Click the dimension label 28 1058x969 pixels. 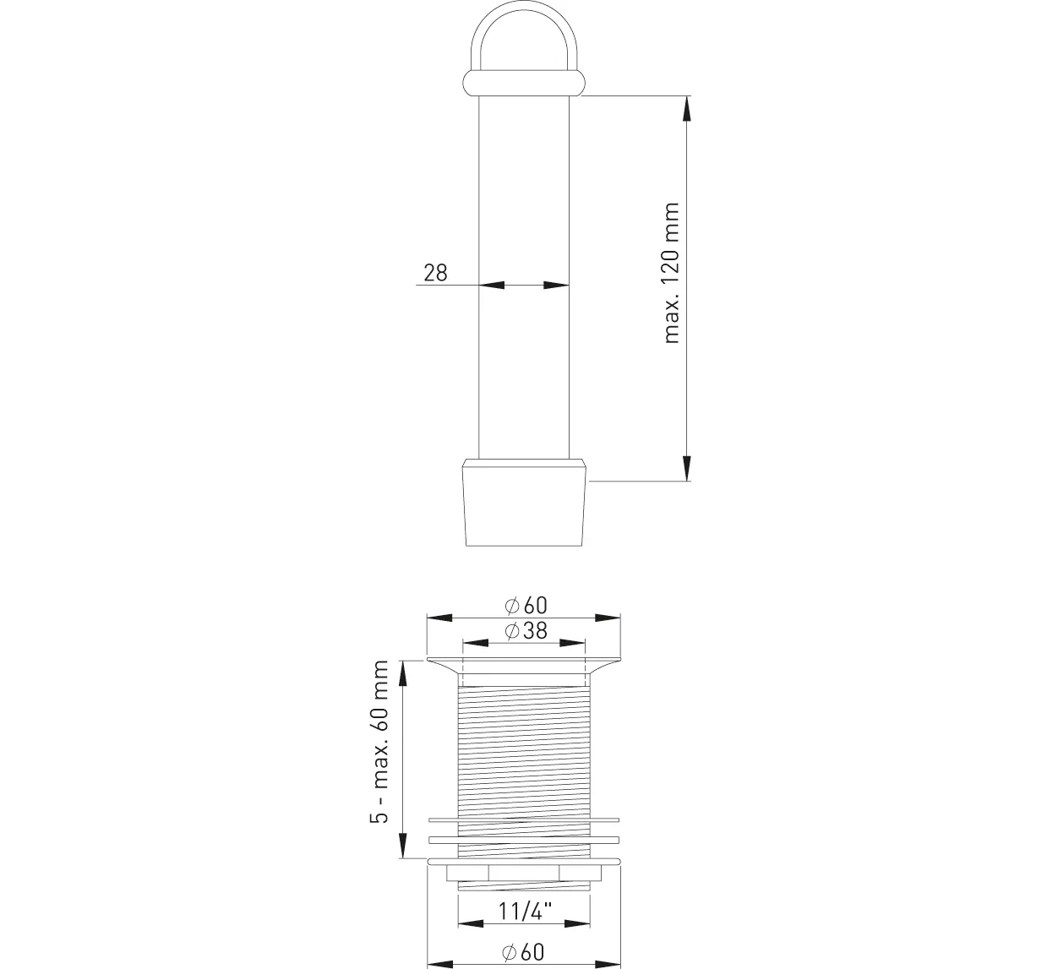435,273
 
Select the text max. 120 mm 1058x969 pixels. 672,273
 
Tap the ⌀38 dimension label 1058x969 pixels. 526,630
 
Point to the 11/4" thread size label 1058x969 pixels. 526,911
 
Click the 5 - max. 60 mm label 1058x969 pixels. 379,742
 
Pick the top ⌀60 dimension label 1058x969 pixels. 526,605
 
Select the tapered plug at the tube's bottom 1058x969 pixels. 524,503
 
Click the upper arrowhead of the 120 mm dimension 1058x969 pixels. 686,109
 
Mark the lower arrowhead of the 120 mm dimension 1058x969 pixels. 686,468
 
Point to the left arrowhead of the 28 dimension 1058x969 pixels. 492,286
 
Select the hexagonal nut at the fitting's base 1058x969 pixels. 524,873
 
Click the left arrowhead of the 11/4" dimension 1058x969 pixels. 471,923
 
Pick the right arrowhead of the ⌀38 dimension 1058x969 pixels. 573,643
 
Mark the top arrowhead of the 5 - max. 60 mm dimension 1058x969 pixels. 403,673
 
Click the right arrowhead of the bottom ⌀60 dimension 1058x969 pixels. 608,963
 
